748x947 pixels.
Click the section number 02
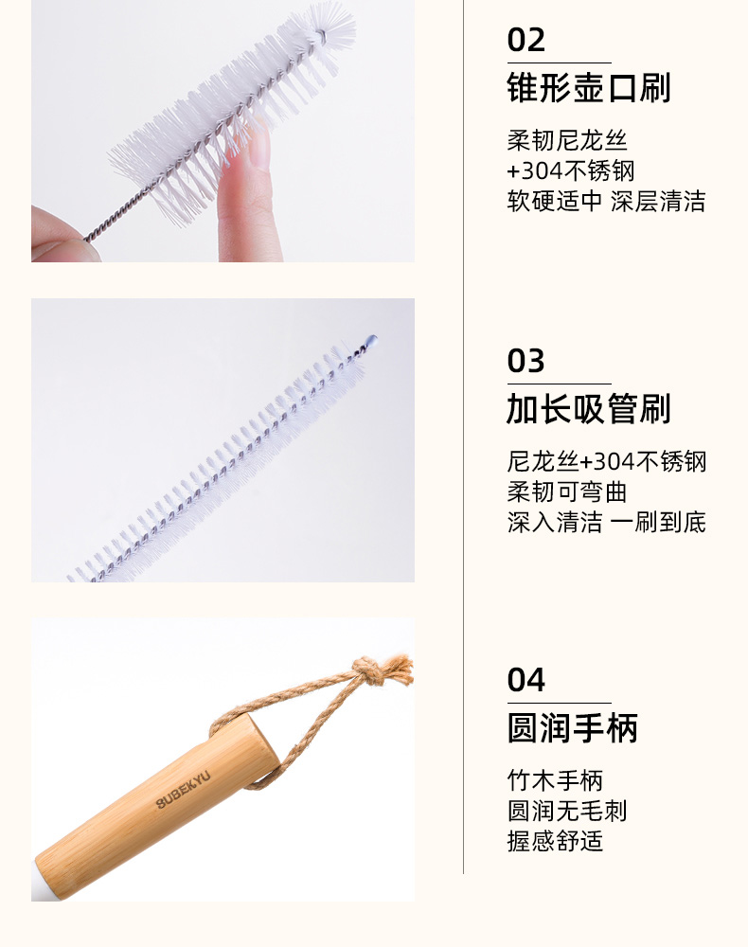pyautogui.click(x=525, y=40)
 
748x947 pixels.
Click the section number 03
pyautogui.click(x=525, y=361)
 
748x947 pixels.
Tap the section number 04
pyautogui.click(x=525, y=680)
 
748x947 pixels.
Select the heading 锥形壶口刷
pyautogui.click(x=589, y=88)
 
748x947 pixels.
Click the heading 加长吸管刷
pyautogui.click(x=589, y=409)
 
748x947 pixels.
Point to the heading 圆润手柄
pyautogui.click(x=572, y=728)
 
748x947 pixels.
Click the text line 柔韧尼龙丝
pyautogui.click(x=567, y=141)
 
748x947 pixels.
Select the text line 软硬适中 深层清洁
pyautogui.click(x=606, y=201)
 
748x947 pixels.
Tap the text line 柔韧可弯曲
pyautogui.click(x=567, y=491)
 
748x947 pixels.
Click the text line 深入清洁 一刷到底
pyautogui.click(x=606, y=522)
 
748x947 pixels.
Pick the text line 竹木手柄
pyautogui.click(x=555, y=780)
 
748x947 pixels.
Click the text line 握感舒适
pyautogui.click(x=555, y=841)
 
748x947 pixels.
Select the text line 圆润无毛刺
pyautogui.click(x=567, y=811)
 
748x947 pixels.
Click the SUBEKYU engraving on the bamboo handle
pyautogui.click(x=184, y=790)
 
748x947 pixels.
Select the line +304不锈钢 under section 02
pyautogui.click(x=571, y=170)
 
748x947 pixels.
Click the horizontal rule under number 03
pyautogui.click(x=559, y=384)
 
